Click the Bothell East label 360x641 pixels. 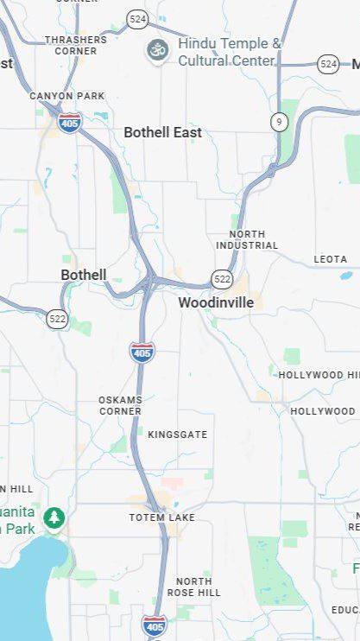click(162, 132)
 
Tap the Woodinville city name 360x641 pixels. click(216, 302)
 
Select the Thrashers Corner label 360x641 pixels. click(76, 45)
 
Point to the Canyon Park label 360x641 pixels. click(67, 96)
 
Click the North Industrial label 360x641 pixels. click(254, 240)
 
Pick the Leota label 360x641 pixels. click(330, 259)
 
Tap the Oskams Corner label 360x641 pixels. click(120, 405)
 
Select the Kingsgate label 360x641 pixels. click(178, 435)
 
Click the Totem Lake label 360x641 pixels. click(162, 517)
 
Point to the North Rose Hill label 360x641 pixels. click(193, 587)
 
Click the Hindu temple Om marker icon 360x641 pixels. click(158, 50)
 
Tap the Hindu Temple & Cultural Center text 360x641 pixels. click(230, 52)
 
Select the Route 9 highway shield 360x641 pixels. click(278, 122)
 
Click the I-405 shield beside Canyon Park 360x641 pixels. click(70, 123)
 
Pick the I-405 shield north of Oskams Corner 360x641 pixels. click(142, 352)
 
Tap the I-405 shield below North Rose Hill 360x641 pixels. click(155, 626)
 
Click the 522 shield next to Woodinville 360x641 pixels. click(222, 278)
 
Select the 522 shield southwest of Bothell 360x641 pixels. click(58, 318)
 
